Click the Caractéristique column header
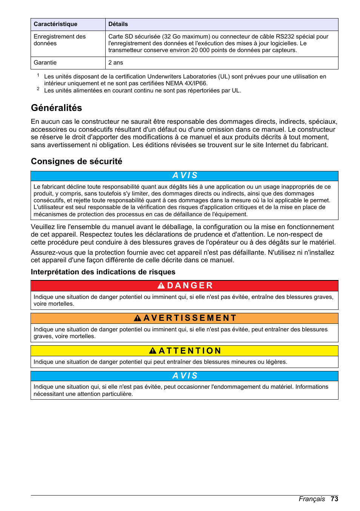[x=55, y=24]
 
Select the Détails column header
[x=118, y=24]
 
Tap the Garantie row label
[x=45, y=63]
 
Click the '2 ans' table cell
[x=116, y=63]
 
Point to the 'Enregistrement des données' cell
[x=60, y=40]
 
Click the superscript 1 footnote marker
[x=38, y=75]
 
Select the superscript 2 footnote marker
[x=38, y=89]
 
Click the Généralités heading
[x=57, y=108]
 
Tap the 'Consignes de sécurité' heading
[x=77, y=162]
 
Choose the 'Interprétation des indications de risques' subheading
[x=103, y=272]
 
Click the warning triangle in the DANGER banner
[x=161, y=286]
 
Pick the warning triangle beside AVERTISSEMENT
[x=138, y=318]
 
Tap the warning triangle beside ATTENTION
[x=153, y=351]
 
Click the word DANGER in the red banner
[x=190, y=286]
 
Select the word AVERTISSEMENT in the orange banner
[x=190, y=318]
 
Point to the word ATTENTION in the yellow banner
[x=190, y=351]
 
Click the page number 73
[x=334, y=499]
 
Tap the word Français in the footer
[x=312, y=499]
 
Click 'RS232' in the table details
[x=285, y=37]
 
